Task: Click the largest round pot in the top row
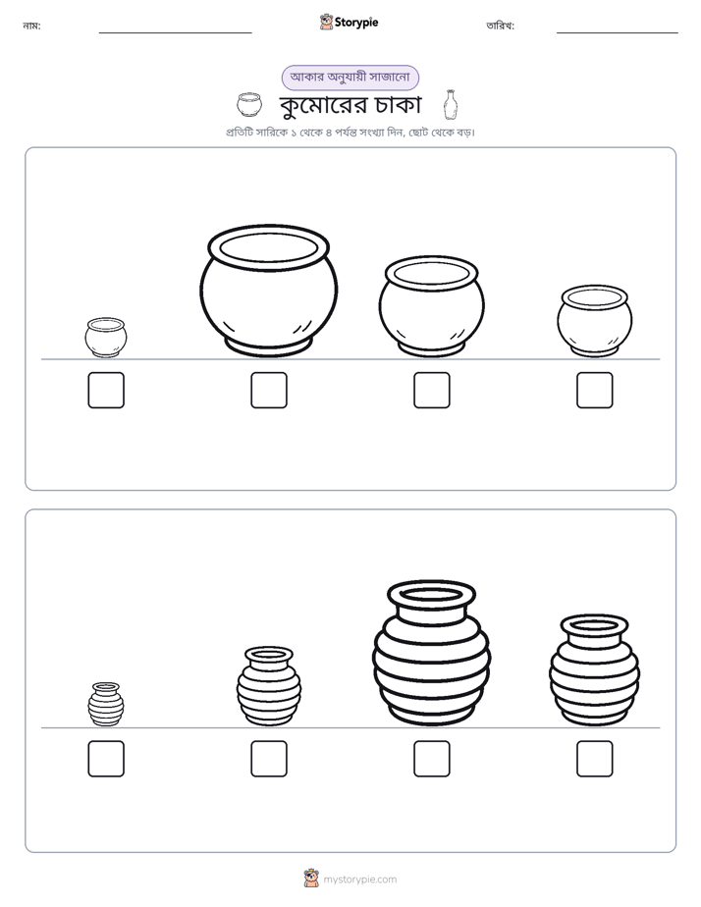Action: pyautogui.click(x=268, y=291)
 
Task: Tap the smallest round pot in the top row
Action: pyautogui.click(x=106, y=338)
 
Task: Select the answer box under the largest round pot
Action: pyautogui.click(x=269, y=390)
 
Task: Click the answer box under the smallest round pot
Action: pyautogui.click(x=106, y=390)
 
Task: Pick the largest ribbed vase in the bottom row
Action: pyautogui.click(x=431, y=653)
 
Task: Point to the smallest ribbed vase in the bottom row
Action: pyautogui.click(x=106, y=704)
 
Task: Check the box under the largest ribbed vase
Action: pyautogui.click(x=432, y=759)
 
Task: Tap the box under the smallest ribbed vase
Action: pyautogui.click(x=106, y=759)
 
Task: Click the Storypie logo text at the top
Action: pyautogui.click(x=356, y=23)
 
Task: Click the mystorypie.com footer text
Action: pyautogui.click(x=359, y=880)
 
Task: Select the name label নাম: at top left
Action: pyautogui.click(x=31, y=26)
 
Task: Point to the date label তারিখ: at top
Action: pyautogui.click(x=501, y=26)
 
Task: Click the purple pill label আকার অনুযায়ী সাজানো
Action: pyautogui.click(x=350, y=78)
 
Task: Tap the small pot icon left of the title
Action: pyautogui.click(x=249, y=105)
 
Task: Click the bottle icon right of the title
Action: pyautogui.click(x=451, y=105)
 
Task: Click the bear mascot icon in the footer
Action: pyautogui.click(x=311, y=879)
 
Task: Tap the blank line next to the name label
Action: pyautogui.click(x=175, y=33)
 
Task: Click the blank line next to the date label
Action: pyautogui.click(x=618, y=33)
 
